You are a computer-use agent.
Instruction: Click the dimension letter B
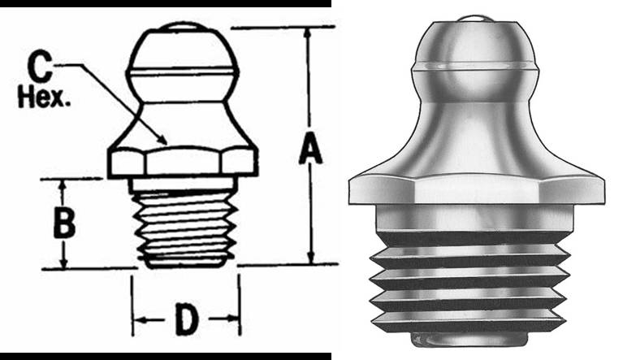click(x=64, y=222)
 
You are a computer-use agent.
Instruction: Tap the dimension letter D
click(x=186, y=322)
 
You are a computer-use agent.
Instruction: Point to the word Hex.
click(x=45, y=99)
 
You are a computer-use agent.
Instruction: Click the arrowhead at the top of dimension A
click(x=308, y=33)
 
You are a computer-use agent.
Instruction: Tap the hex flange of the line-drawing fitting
click(x=184, y=161)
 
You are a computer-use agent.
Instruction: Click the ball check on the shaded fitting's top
click(x=476, y=15)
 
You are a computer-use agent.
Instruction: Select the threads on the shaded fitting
click(x=469, y=280)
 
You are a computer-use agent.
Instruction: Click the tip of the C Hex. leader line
click(x=167, y=144)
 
